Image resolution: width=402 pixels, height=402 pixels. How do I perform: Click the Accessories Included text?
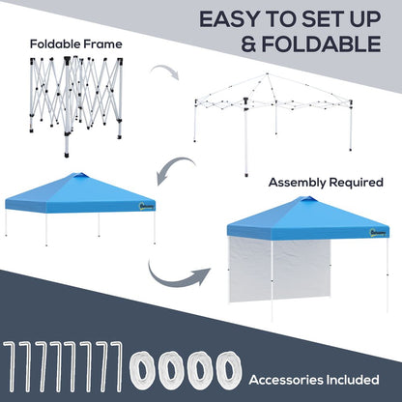[x=326, y=378]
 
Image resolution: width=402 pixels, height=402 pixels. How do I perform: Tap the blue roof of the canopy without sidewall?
[x=80, y=191]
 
